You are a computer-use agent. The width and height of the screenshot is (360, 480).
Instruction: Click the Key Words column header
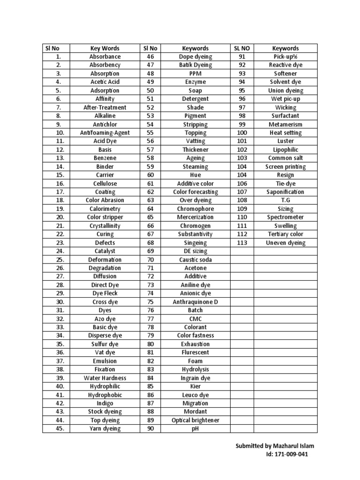tap(105, 48)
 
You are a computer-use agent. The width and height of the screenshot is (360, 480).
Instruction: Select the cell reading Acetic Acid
tap(105, 82)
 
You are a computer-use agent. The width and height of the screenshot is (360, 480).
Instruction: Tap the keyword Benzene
tap(105, 158)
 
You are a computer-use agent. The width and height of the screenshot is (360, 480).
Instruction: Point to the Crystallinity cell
tap(105, 226)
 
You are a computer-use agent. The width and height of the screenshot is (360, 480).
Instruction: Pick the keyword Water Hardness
tap(105, 378)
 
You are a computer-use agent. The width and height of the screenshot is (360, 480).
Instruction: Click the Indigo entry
tap(105, 404)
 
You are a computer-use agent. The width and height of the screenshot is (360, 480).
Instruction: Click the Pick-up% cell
tap(285, 57)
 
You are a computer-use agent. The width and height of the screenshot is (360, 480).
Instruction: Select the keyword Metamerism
tap(285, 125)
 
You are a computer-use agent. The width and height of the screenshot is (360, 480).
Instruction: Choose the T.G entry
tap(285, 201)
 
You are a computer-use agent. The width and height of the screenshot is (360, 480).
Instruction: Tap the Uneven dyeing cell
tap(285, 243)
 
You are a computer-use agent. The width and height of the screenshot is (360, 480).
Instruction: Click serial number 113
tap(242, 243)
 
